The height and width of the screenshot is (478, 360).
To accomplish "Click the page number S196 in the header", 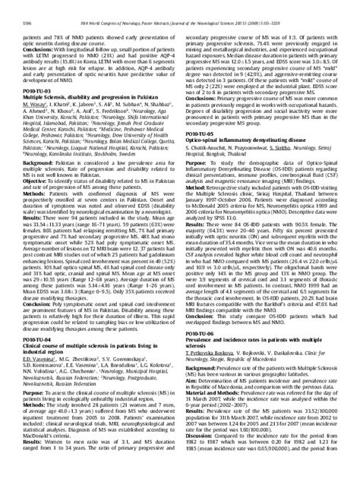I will coord(30,9).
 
